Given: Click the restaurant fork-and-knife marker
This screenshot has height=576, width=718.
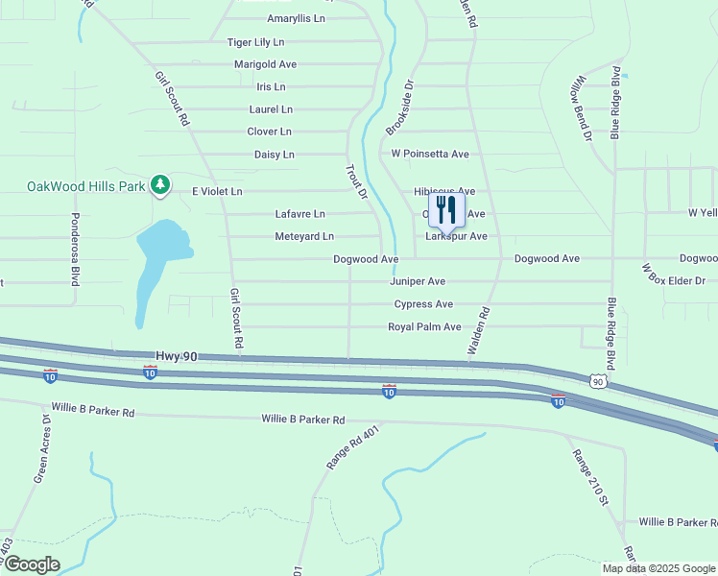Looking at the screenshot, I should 446,211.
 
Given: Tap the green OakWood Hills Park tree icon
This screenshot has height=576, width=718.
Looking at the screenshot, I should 160,185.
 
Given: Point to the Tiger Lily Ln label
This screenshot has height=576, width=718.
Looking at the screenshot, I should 255,42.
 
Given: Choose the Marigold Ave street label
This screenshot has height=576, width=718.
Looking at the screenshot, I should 265,64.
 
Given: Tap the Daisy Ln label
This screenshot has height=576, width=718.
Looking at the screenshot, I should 275,155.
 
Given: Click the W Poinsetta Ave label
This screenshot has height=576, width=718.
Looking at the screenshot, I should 429,154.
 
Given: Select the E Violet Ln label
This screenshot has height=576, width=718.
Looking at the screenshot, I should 217,192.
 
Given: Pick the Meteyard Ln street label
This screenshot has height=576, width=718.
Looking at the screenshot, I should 304,236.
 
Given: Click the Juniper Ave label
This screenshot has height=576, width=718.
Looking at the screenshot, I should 418,281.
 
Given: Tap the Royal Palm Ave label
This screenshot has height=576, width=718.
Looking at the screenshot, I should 424,327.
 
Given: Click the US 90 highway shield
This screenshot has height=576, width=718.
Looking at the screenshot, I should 598,381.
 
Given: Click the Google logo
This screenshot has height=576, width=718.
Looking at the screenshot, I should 31,564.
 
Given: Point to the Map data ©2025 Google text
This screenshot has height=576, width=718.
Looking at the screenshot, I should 658,568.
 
